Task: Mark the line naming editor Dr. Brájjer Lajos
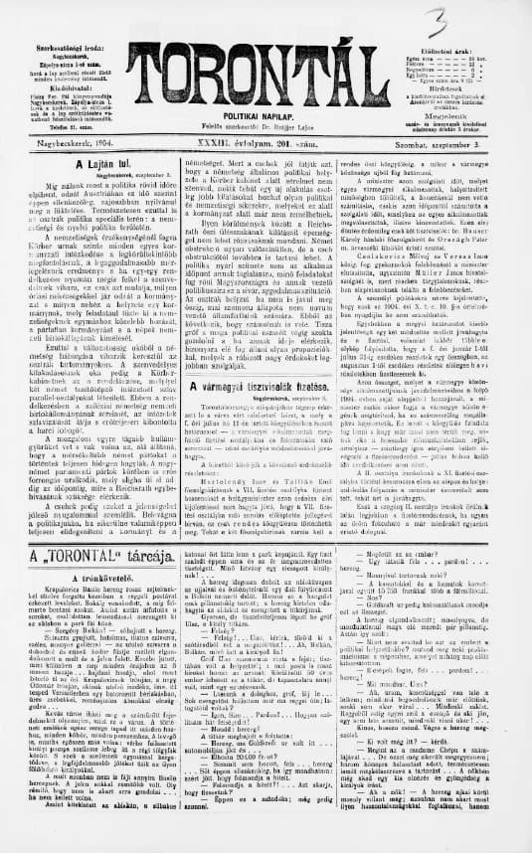coord(264,127)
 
